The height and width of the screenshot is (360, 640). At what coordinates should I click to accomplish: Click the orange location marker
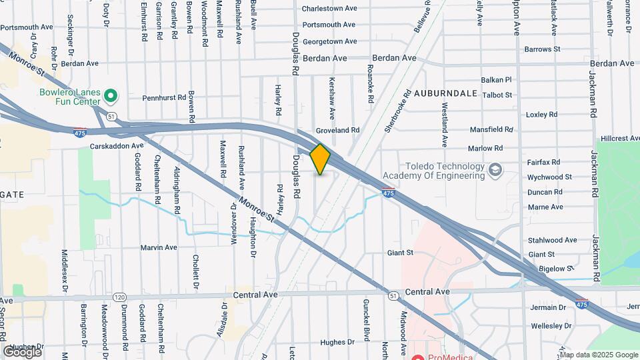click(321, 159)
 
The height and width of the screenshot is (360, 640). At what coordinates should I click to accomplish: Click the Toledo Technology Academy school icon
click(495, 171)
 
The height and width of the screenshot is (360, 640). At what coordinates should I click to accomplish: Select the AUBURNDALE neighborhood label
click(445, 93)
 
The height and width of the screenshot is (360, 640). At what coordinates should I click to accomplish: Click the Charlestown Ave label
click(329, 9)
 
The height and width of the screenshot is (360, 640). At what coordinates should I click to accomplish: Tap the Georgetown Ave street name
click(331, 41)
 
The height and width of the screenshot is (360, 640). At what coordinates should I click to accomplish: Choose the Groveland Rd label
click(337, 131)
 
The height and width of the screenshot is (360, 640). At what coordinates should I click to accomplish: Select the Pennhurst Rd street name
click(165, 97)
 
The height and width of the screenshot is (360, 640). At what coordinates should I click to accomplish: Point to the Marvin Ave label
click(159, 247)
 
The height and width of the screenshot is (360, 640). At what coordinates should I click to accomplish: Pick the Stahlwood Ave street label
click(553, 240)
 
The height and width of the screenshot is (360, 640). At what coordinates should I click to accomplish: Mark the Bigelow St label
click(556, 268)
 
